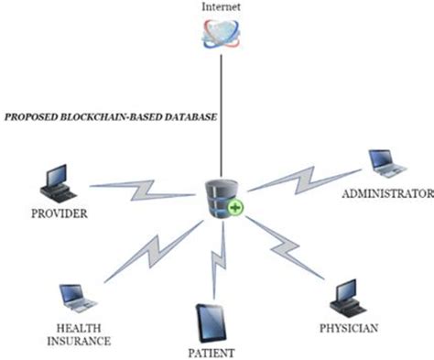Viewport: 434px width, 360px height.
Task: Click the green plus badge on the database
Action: coord(235,210)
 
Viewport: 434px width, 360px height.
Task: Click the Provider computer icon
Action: coord(58,186)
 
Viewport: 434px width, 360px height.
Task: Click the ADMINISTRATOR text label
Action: coord(385,193)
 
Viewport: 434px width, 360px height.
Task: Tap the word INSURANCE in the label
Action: coord(80,342)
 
